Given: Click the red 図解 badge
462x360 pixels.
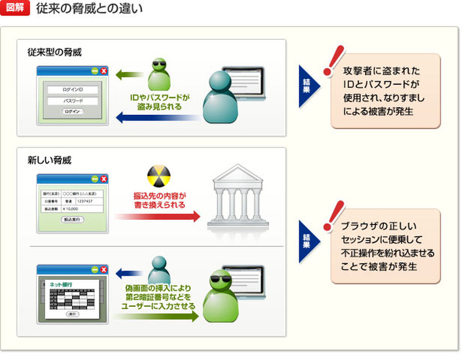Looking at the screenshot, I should point(15,10).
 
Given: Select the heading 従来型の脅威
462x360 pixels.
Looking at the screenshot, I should point(55,52).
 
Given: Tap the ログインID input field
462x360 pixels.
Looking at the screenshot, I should point(73,89).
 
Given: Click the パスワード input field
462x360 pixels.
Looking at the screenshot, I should point(73,100).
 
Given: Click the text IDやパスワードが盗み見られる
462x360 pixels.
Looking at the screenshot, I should point(160,102).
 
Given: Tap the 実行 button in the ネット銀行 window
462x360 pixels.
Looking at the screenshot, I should point(72,314).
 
